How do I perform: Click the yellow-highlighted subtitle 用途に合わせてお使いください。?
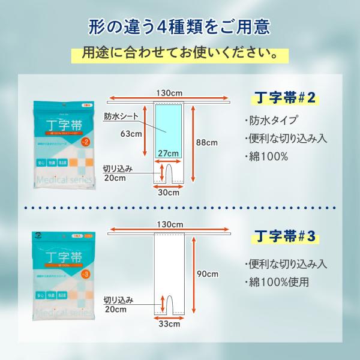(x=180, y=54)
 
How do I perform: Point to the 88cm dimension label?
(x=207, y=142)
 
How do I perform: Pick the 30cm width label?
(x=169, y=193)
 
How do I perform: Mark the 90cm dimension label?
(x=207, y=274)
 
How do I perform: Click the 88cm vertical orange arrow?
(x=193, y=143)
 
